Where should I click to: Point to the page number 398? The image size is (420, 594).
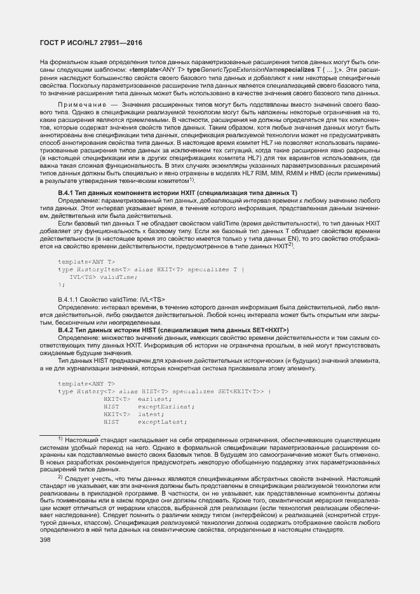coord(46,539)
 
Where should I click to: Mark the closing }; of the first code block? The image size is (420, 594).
coord(61,284)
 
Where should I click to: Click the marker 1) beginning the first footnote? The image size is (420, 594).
coord(60,439)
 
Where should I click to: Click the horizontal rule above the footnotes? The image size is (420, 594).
coord(67,435)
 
